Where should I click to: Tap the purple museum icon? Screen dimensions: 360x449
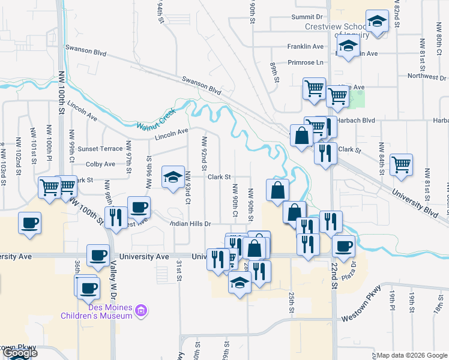[x=141, y=311]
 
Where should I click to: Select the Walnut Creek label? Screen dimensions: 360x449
[x=155, y=119]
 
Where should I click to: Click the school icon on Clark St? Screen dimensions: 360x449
[x=173, y=178]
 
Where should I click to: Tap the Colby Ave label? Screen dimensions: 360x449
[x=100, y=164]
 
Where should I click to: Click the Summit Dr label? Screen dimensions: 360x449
[x=307, y=17]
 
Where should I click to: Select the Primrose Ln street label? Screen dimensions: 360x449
[x=305, y=62]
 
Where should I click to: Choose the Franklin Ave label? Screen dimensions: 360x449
[x=306, y=46]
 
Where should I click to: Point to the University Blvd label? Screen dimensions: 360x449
[x=414, y=202]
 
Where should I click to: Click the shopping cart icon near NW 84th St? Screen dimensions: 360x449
[x=401, y=165]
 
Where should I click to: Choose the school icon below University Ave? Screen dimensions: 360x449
[x=240, y=282]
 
